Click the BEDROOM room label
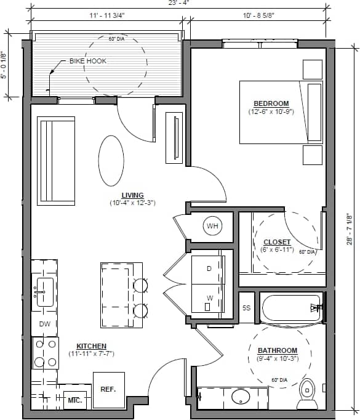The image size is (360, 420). click(271, 103)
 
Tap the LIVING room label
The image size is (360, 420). click(132, 195)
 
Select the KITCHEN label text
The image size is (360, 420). click(91, 346)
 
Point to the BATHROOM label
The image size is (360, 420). click(277, 350)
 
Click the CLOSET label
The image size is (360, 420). click(277, 242)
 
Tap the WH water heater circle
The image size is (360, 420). click(212, 227)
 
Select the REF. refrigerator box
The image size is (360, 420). click(108, 390)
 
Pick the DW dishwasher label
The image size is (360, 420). click(44, 324)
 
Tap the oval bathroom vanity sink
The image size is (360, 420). click(241, 396)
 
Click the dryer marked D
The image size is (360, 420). click(209, 269)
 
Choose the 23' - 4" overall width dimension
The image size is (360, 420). click(178, 3)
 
